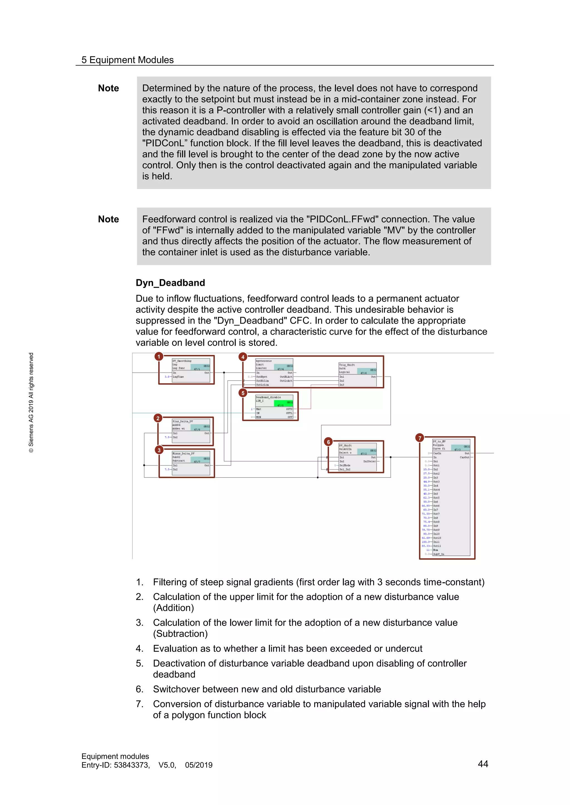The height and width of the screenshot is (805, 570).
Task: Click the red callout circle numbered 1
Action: pyautogui.click(x=159, y=357)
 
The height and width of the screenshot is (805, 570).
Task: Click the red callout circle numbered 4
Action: pyautogui.click(x=242, y=357)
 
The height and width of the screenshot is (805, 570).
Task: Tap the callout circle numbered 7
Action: pyautogui.click(x=419, y=438)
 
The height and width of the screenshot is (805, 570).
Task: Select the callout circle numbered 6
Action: pyautogui.click(x=328, y=442)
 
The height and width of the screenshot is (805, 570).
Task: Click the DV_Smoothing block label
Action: pyautogui.click(x=181, y=361)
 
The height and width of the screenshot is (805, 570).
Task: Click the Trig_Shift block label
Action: pyautogui.click(x=347, y=365)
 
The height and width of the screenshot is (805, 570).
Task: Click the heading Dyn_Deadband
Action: pyautogui.click(x=170, y=283)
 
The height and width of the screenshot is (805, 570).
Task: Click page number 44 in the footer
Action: pyautogui.click(x=483, y=764)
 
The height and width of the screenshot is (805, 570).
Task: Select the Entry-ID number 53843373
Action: pyautogui.click(x=131, y=765)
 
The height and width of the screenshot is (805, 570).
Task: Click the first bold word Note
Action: pyautogui.click(x=109, y=88)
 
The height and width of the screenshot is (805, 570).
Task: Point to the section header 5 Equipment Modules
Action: pyautogui.click(x=127, y=60)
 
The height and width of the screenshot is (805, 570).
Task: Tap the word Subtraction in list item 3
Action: pyautogui.click(x=180, y=633)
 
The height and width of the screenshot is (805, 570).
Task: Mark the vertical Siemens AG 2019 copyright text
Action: pyautogui.click(x=31, y=402)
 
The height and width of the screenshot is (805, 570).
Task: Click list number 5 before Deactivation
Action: pyautogui.click(x=139, y=663)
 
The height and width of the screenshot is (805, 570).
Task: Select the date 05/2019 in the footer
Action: pyautogui.click(x=199, y=765)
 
